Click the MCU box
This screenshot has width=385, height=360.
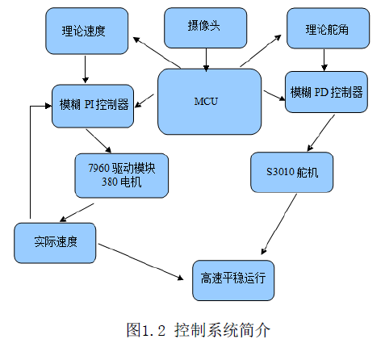(x=209, y=102)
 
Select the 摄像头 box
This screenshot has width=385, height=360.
(x=206, y=28)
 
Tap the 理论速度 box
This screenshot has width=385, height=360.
(x=87, y=31)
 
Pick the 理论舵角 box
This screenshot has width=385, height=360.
(x=328, y=28)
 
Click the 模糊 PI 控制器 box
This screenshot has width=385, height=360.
(x=93, y=106)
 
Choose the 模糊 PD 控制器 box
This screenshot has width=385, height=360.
(x=326, y=92)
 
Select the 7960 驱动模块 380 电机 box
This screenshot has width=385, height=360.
(x=122, y=176)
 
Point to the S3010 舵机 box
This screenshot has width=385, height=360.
(x=292, y=173)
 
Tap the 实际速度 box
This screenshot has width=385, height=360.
(x=55, y=243)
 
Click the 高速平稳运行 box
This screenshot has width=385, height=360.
(x=233, y=280)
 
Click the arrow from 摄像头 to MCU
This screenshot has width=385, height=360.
(x=206, y=60)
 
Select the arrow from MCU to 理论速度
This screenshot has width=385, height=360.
(x=157, y=52)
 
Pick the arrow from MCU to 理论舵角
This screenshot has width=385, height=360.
(x=261, y=51)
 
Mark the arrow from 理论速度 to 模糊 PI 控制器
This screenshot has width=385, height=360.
(x=86, y=69)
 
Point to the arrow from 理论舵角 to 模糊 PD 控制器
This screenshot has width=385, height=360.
(x=324, y=60)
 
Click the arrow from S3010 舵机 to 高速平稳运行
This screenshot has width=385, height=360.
(x=279, y=224)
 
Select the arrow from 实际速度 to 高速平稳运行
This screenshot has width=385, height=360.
(x=140, y=262)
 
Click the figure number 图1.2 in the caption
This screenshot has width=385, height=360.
(x=145, y=330)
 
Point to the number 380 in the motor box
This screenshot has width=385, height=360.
(x=109, y=182)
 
